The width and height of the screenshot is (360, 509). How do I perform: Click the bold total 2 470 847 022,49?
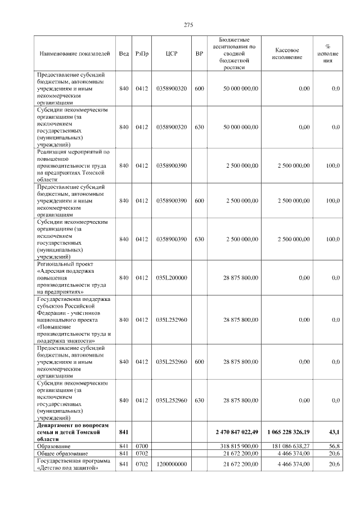point(236,432)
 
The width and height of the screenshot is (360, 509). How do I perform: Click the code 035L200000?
point(172,277)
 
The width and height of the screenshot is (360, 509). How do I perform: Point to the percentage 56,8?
point(334,445)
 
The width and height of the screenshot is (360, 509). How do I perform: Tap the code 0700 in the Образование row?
point(141,445)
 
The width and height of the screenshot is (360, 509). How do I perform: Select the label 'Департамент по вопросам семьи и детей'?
point(73,432)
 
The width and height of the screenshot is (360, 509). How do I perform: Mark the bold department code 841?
point(124,432)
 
